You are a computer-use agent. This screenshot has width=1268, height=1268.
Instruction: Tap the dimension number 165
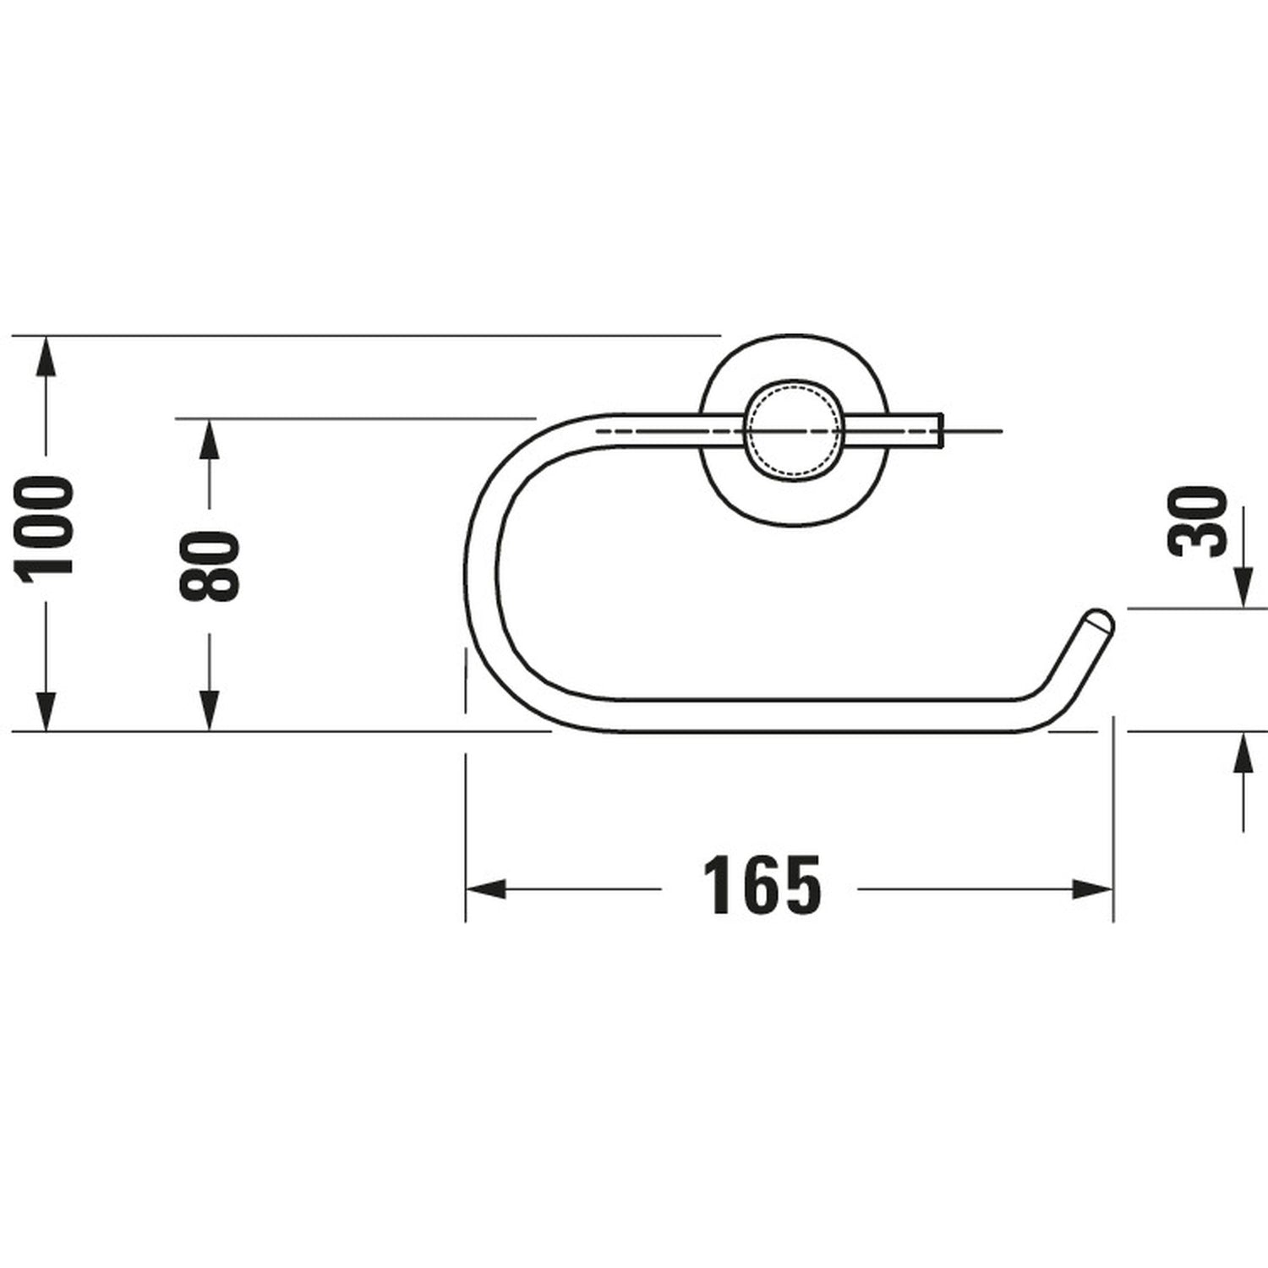pos(762,886)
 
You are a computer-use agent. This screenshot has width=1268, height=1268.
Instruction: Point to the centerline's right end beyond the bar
pos(1000,431)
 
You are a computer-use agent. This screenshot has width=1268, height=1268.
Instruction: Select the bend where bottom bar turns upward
pos(1044,710)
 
